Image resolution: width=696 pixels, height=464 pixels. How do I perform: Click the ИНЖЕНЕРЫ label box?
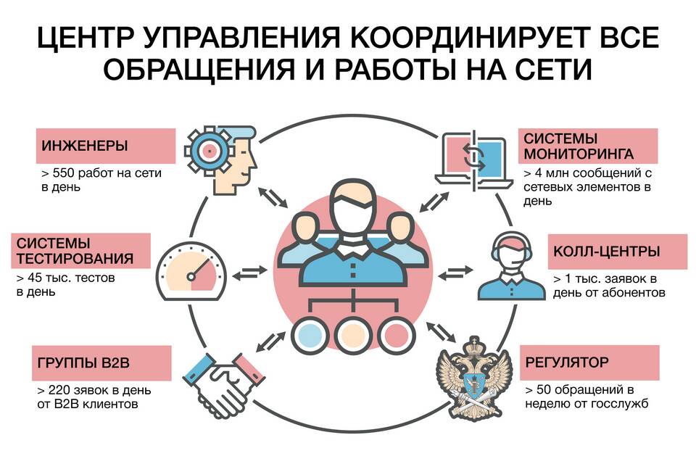(x=106, y=146)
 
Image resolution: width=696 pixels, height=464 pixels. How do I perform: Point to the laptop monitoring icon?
(x=474, y=159)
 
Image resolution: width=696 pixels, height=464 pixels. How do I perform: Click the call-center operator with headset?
(x=512, y=266)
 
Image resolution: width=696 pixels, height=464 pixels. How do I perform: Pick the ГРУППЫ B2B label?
(x=101, y=363)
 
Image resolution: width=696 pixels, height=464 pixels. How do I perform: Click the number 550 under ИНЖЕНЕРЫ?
(x=64, y=173)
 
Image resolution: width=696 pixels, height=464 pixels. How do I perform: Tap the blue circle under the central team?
(x=310, y=335)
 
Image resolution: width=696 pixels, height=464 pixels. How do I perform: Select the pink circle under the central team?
(x=397, y=335)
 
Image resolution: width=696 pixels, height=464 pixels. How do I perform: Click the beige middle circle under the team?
(x=353, y=335)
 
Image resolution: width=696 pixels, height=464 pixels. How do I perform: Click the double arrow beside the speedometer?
(x=250, y=273)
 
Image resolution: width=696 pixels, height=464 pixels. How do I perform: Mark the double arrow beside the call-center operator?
(x=455, y=272)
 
